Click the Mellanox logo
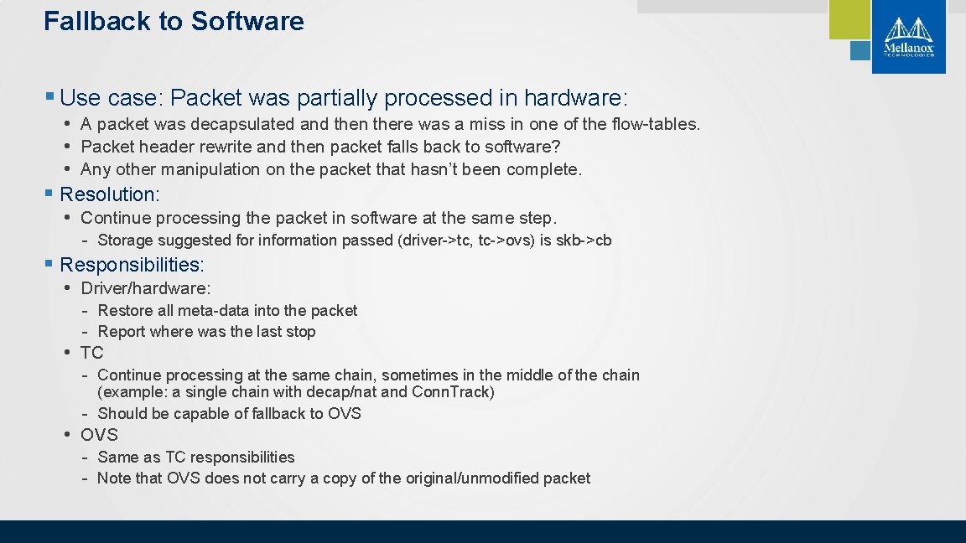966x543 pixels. click(908, 37)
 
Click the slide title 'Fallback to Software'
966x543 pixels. click(174, 21)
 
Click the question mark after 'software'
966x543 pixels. click(556, 147)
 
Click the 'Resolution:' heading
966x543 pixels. click(109, 194)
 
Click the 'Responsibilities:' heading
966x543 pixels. click(132, 265)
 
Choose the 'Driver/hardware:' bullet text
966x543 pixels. click(145, 288)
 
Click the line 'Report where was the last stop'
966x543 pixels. click(206, 332)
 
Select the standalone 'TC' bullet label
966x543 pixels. click(92, 353)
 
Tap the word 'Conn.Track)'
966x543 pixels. click(453, 392)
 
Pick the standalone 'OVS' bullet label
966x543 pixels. click(99, 435)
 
